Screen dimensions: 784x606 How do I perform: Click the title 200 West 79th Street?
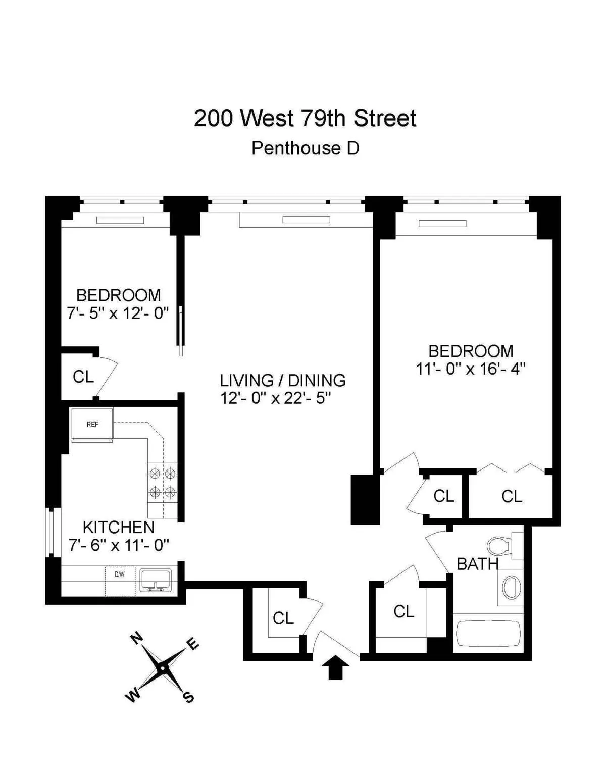[305, 119]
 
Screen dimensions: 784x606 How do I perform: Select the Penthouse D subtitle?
[305, 148]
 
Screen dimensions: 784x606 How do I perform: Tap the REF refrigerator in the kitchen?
[92, 425]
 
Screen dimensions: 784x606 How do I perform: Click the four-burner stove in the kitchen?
[163, 483]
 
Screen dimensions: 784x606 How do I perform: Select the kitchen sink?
[156, 581]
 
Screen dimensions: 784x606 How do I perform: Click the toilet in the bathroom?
[500, 546]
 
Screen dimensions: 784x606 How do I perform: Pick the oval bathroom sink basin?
[512, 588]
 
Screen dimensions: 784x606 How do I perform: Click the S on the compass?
[188, 698]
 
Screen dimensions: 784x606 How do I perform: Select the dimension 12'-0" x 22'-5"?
[275, 398]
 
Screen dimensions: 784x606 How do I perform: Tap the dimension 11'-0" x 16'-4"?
[471, 369]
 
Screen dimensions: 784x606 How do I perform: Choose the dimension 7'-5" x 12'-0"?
[118, 313]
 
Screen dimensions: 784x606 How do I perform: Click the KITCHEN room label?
[118, 527]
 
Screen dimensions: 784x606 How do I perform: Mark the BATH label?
[477, 564]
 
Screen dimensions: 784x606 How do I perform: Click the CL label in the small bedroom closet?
[83, 377]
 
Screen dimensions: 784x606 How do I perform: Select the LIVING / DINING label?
[283, 380]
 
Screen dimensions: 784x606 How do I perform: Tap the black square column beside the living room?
[365, 499]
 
